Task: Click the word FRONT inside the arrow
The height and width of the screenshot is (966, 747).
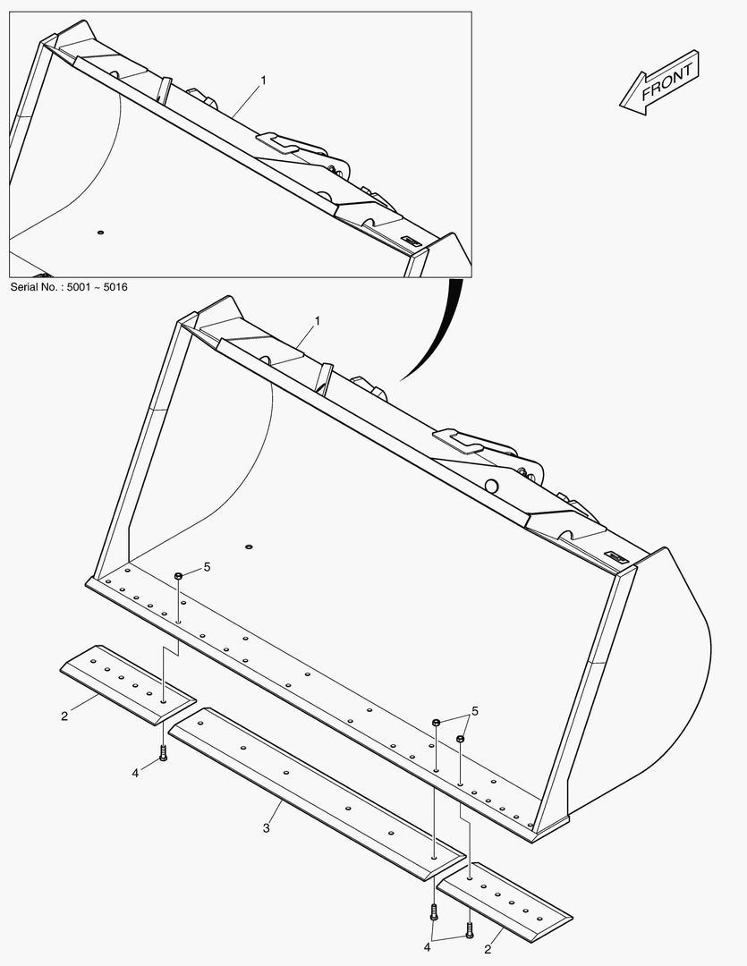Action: pos(666,81)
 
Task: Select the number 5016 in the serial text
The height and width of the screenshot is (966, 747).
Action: pos(115,287)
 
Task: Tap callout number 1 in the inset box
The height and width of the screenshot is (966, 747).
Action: pos(263,80)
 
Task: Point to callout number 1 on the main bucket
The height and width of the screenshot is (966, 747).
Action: pos(318,321)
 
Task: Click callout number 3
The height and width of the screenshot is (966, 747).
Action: pos(267,828)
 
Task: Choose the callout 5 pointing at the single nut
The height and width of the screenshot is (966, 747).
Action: pos(207,567)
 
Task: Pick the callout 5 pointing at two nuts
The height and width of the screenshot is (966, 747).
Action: pos(474,712)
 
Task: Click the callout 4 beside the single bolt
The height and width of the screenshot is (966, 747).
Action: pos(136,773)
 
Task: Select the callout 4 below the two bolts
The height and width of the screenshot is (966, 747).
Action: pos(427,947)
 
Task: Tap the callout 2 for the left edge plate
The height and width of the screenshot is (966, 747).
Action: pos(64,716)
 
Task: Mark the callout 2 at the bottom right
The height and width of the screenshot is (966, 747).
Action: pos(488,949)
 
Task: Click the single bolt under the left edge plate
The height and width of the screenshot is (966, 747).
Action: pos(164,753)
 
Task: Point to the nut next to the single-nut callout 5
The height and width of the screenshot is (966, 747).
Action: pos(178,575)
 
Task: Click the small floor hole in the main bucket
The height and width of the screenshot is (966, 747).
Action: pos(249,547)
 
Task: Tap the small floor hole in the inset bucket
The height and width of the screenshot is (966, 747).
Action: pos(100,233)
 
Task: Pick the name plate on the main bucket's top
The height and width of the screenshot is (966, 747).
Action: pos(615,557)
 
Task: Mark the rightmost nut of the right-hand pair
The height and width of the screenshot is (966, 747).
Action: pos(461,738)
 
